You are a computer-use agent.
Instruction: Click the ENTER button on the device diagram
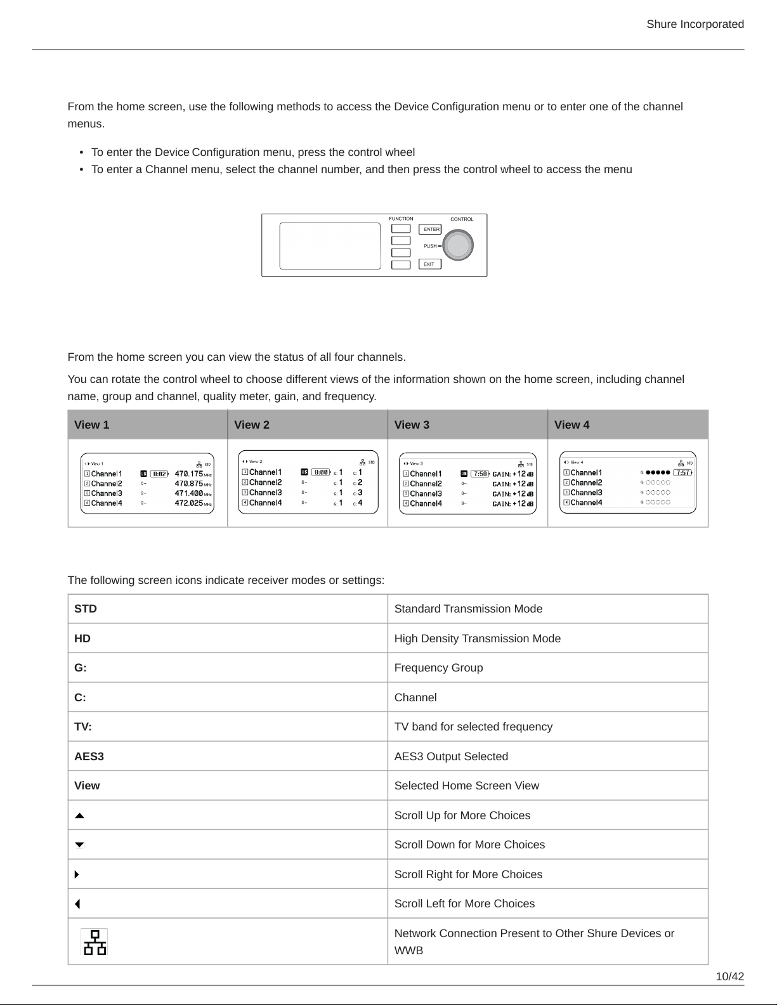point(431,230)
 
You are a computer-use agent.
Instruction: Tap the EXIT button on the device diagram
point(429,264)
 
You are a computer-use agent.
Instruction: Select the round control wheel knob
point(457,245)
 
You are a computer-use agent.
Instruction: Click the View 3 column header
point(412,425)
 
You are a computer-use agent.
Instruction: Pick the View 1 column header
point(92,425)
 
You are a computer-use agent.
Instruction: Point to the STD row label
point(86,609)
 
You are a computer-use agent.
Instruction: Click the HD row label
point(82,639)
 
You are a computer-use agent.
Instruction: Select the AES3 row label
point(89,756)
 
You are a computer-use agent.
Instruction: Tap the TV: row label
point(83,727)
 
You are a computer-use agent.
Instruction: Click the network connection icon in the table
point(95,942)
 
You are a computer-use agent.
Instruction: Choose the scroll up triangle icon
point(79,816)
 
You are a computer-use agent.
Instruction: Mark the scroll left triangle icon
point(77,904)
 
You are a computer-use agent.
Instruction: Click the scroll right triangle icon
point(77,874)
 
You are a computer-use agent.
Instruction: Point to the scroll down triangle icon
point(79,845)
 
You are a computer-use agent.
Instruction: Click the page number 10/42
point(729,976)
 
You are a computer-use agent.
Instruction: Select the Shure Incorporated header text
point(695,24)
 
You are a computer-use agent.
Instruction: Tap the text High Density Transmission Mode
point(478,639)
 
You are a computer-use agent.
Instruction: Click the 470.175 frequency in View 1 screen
point(189,474)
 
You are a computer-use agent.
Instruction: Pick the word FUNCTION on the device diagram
point(401,219)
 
